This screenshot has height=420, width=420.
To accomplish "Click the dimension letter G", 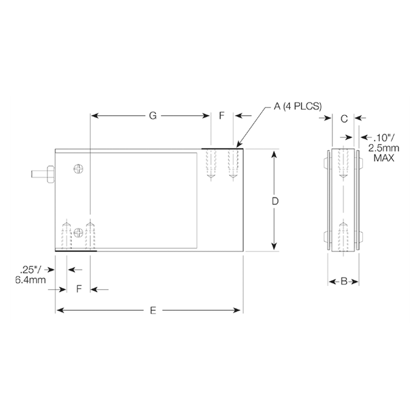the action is click(152, 116).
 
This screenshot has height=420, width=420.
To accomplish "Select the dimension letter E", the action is click(153, 310).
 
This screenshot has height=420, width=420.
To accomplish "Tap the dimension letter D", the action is click(275, 201).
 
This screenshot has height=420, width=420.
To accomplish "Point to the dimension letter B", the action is click(344, 281).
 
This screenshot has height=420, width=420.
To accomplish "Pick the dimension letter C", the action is click(344, 118).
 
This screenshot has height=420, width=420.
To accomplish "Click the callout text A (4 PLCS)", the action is click(298, 106).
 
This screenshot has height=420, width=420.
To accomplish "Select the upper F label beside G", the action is click(221, 116).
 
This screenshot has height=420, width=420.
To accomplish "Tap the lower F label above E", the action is click(79, 289).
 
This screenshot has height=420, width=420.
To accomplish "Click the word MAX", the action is click(384, 158).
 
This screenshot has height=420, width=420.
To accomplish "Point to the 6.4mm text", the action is click(31, 280).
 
